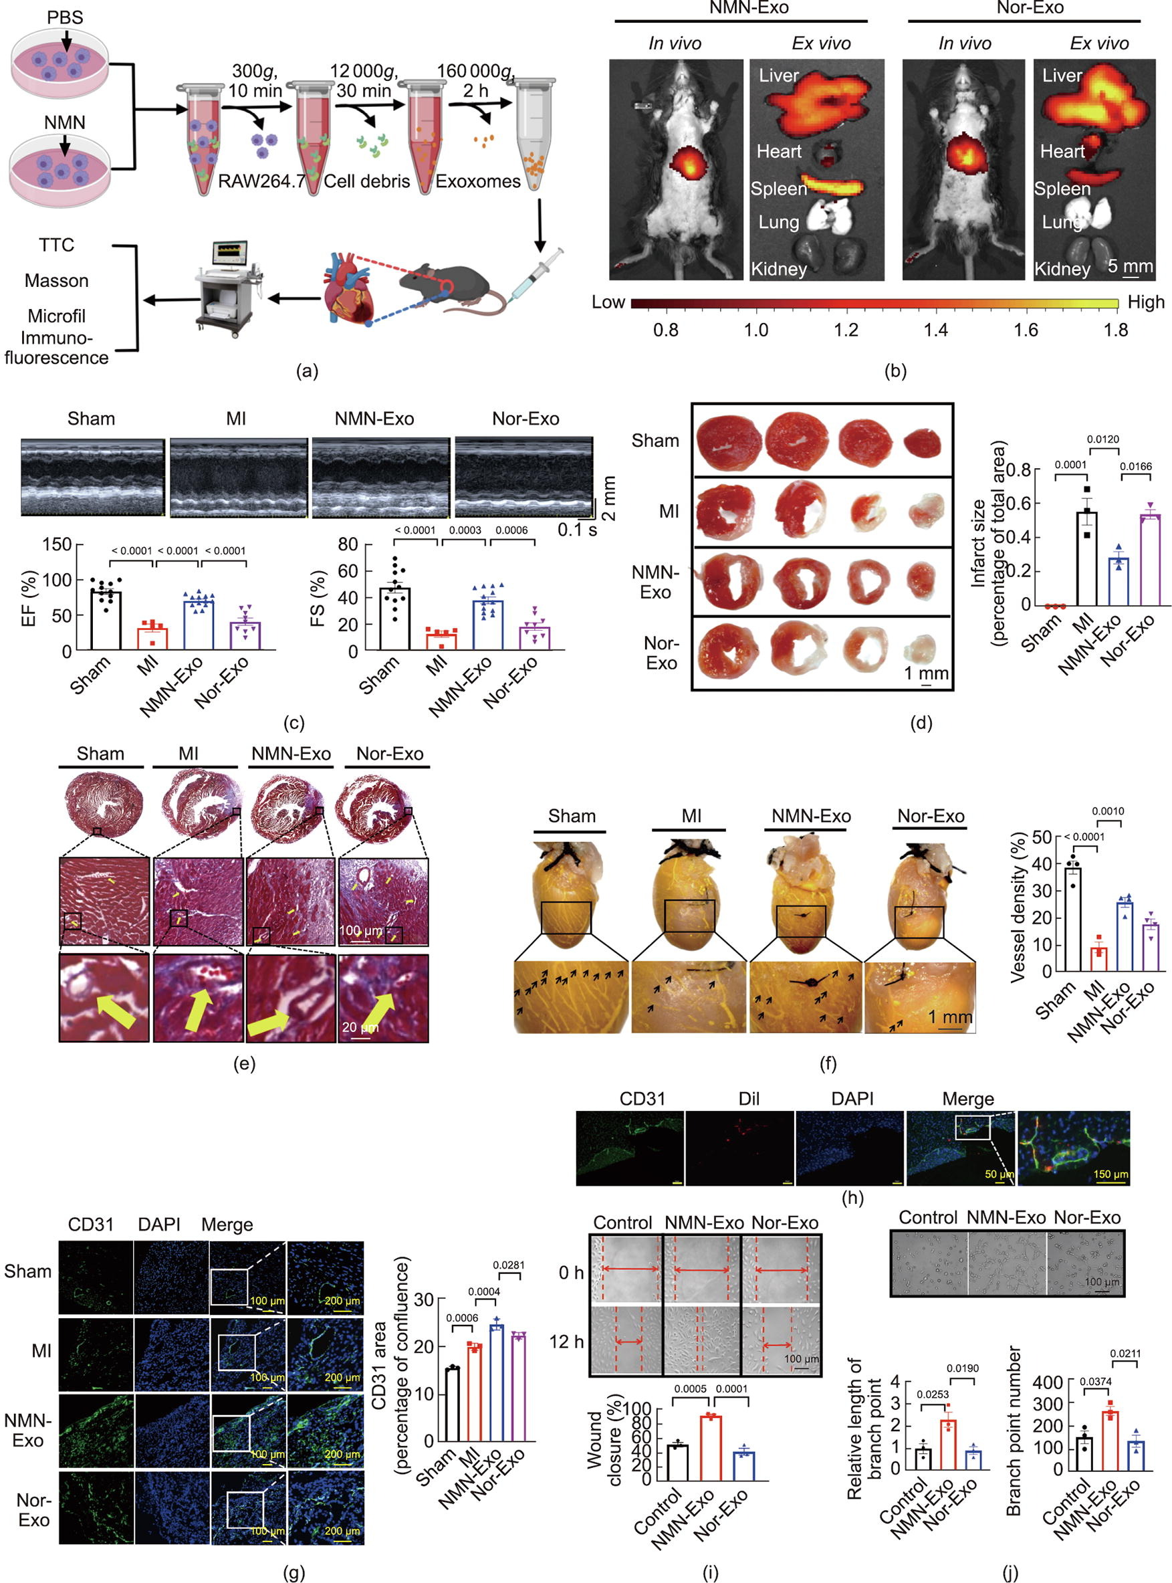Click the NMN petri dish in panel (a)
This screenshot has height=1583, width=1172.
pyautogui.click(x=60, y=171)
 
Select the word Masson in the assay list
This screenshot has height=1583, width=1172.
pyautogui.click(x=57, y=281)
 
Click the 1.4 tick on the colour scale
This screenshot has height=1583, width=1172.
pyautogui.click(x=936, y=330)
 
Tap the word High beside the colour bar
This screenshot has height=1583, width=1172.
pyautogui.click(x=1146, y=303)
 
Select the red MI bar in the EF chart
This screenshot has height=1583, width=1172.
pyautogui.click(x=152, y=638)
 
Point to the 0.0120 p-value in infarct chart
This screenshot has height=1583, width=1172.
pyautogui.click(x=1103, y=439)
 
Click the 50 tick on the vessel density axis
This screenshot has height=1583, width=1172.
pyautogui.click(x=1042, y=837)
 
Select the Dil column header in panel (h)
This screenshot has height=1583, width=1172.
pyautogui.click(x=749, y=1099)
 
